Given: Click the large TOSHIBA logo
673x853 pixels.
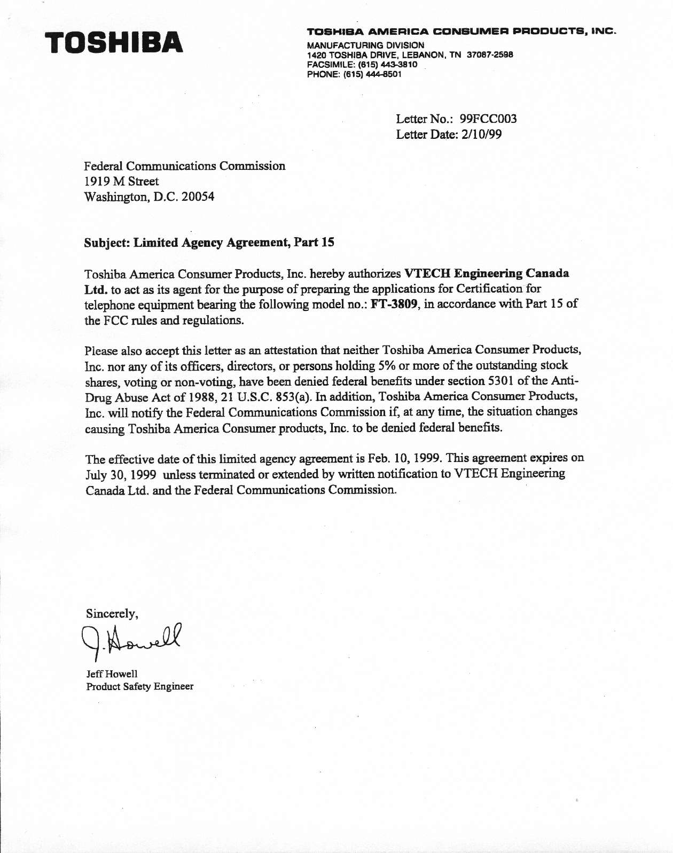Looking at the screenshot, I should pyautogui.click(x=114, y=43).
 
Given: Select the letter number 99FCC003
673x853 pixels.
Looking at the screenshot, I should pyautogui.click(x=488, y=119).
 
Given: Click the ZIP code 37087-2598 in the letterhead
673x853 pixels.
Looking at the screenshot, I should pyautogui.click(x=490, y=55).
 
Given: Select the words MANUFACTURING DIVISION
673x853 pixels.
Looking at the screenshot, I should pyautogui.click(x=365, y=45).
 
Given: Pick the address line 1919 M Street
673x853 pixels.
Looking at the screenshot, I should pyautogui.click(x=121, y=181).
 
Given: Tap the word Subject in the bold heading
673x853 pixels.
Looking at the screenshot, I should pyautogui.click(x=106, y=242).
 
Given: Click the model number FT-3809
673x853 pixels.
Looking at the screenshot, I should pyautogui.click(x=394, y=304).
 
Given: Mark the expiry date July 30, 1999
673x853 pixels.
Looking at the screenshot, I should pyautogui.click(x=121, y=475).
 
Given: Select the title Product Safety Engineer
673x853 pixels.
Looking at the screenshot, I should pyautogui.click(x=139, y=686).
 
